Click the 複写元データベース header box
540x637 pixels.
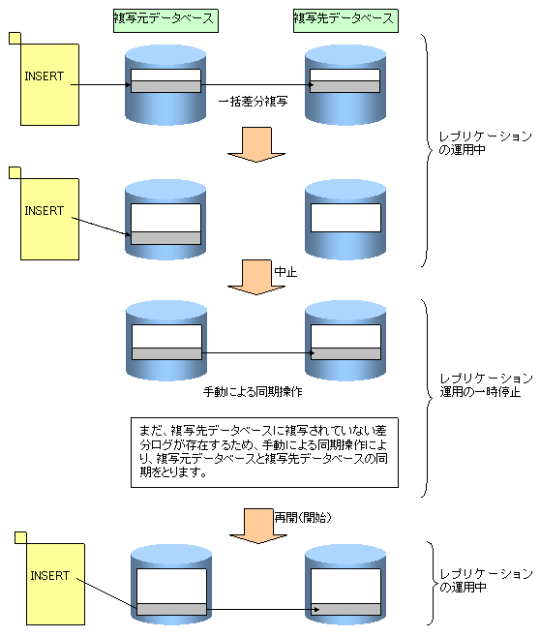coord(165,20)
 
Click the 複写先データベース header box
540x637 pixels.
coord(345,20)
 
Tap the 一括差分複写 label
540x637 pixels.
coord(254,101)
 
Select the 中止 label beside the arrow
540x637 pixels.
coord(285,271)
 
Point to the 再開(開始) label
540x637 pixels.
coord(303,517)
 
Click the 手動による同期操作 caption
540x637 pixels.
coord(253,392)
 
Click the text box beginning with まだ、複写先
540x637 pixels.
coord(264,452)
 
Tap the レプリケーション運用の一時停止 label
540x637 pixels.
coord(486,385)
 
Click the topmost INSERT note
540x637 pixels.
coord(49,84)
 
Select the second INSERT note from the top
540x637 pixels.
coord(49,219)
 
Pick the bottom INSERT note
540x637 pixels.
coord(55,584)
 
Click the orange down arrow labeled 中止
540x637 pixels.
coord(256,278)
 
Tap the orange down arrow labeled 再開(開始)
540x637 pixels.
coord(258,526)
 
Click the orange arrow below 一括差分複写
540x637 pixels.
coord(256,144)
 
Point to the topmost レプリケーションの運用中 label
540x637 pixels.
coord(486,143)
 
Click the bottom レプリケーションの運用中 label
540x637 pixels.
coord(486,580)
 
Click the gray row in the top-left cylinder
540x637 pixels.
coord(165,86)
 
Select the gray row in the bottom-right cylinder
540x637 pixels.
coord(345,609)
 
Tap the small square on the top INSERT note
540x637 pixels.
coord(15,38)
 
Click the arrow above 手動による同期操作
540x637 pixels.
coord(257,353)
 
